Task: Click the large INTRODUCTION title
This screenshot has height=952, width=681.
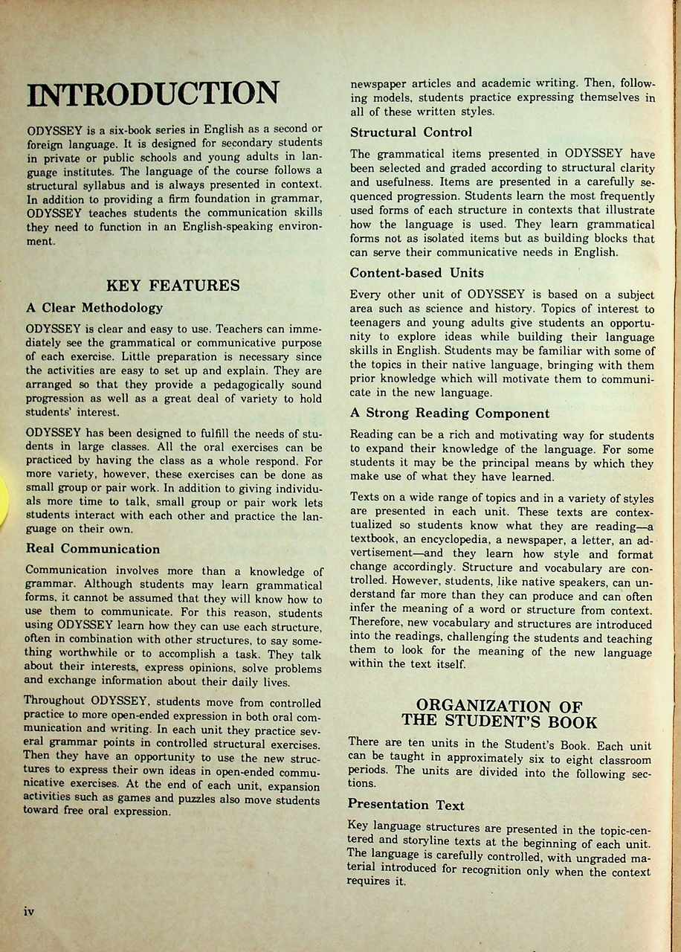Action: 153,94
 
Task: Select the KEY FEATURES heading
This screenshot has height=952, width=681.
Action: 173,285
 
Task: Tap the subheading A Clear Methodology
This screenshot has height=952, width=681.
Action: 94,307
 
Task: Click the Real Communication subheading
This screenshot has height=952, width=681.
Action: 93,549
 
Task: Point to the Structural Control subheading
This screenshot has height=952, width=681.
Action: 411,132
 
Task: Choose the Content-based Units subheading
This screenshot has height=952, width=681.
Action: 416,272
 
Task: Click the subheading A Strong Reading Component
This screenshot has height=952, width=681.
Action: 450,414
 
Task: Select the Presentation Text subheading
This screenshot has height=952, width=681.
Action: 406,805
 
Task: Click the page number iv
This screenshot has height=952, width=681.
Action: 30,911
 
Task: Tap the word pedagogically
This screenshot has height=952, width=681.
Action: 241,385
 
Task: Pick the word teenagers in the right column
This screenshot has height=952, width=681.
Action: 378,323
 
